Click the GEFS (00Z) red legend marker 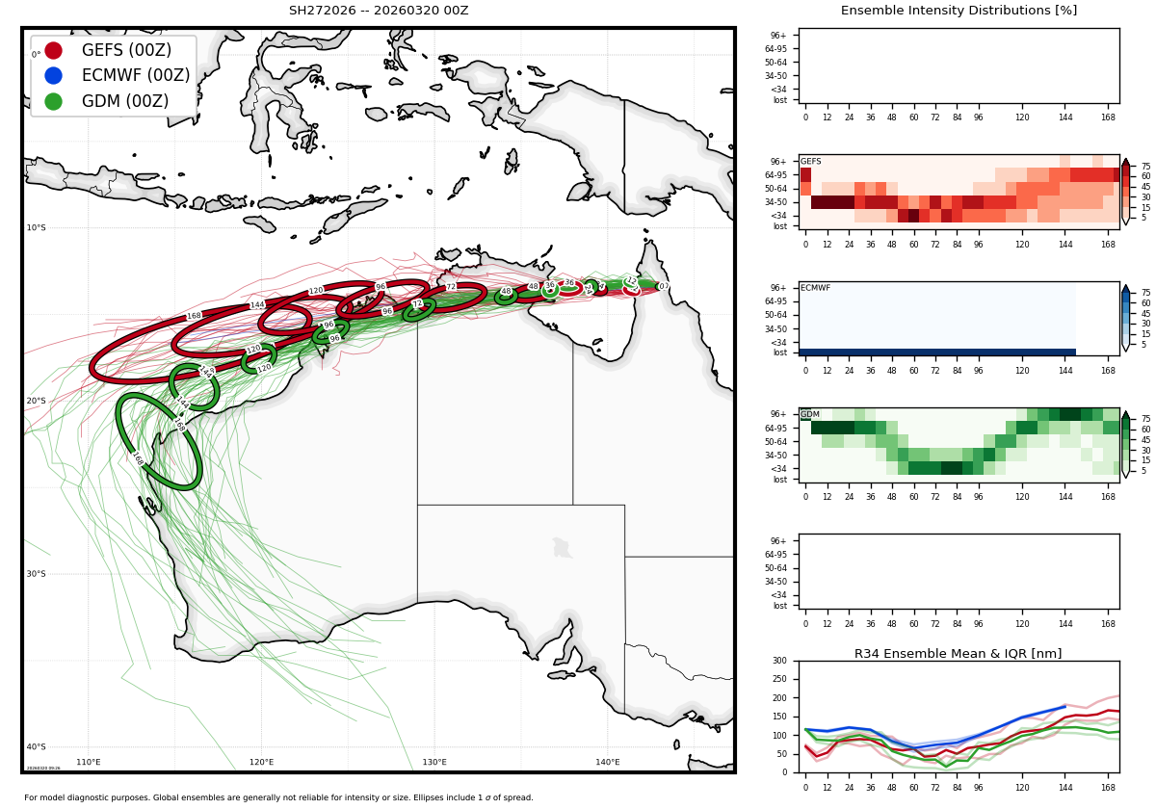point(53,50)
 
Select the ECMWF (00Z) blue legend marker point(53,75)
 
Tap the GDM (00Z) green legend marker point(53,101)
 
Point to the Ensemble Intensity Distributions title point(959,11)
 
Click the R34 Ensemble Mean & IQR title point(959,654)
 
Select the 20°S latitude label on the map point(36,402)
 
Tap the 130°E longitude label point(434,763)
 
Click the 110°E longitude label point(89,763)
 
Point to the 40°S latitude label point(36,747)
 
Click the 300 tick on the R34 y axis point(778,662)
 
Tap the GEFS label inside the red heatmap point(810,162)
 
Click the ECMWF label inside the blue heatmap point(815,288)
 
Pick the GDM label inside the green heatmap point(809,414)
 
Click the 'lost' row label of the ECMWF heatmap point(779,352)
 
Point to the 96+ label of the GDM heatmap point(778,414)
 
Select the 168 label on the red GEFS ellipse point(194,316)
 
